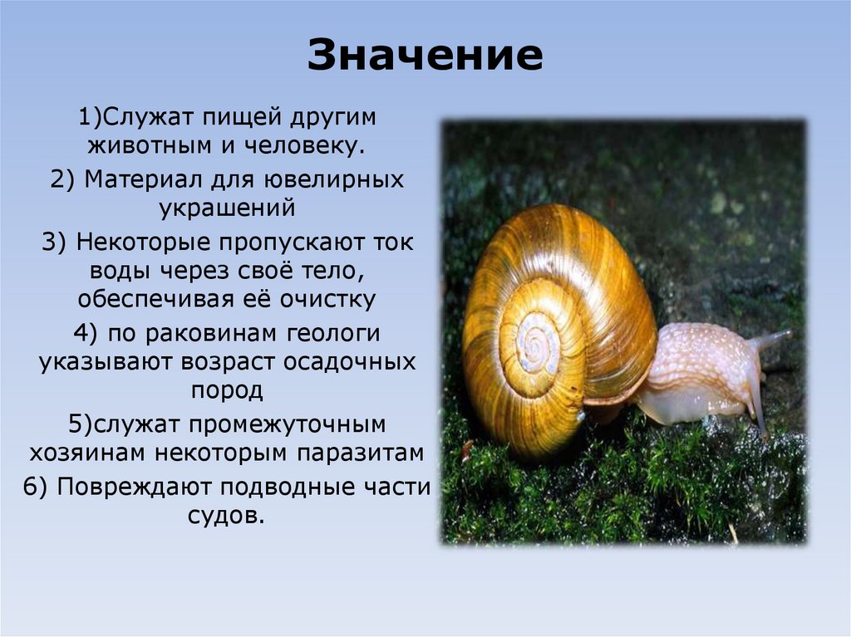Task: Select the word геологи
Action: (x=334, y=334)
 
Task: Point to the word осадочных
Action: (x=360, y=363)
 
